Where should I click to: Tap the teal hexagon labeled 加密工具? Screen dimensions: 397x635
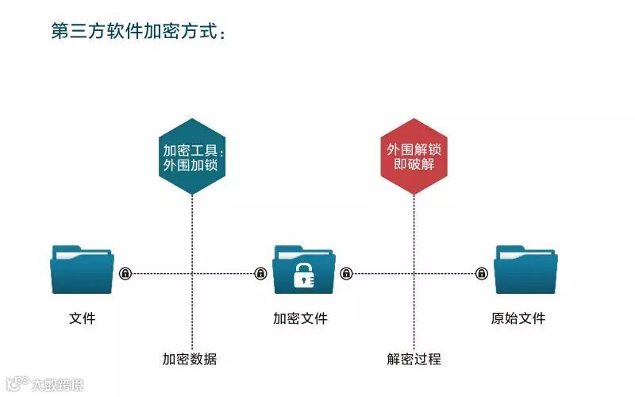(x=192, y=156)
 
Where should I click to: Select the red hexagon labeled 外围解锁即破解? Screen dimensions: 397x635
(x=414, y=156)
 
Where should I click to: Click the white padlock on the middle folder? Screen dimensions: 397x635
(x=305, y=275)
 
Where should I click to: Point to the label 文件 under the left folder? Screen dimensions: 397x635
(x=82, y=319)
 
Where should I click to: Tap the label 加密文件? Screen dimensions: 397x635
(x=300, y=319)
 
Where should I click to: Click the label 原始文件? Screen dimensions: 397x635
(x=518, y=319)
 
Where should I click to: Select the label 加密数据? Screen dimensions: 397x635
(x=190, y=359)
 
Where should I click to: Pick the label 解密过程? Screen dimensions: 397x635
(x=414, y=359)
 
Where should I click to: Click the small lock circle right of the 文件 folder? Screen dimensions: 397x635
(x=125, y=274)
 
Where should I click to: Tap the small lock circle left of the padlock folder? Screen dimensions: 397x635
(x=260, y=274)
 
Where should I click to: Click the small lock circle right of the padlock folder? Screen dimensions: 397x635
(x=346, y=274)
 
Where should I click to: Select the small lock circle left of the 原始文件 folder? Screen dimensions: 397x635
(x=482, y=274)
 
